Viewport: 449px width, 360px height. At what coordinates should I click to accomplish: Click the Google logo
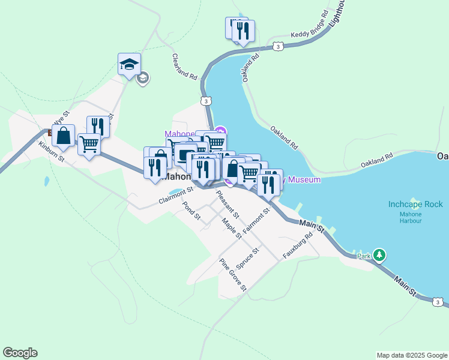(x=20, y=353)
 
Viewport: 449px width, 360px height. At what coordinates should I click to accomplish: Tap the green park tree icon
(x=379, y=255)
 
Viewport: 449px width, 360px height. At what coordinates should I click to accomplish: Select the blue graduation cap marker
(x=128, y=64)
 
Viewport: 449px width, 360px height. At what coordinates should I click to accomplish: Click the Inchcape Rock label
(x=415, y=204)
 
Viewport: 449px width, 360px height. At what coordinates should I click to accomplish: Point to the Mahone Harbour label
(x=411, y=217)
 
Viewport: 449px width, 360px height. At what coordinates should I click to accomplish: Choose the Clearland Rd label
(x=185, y=67)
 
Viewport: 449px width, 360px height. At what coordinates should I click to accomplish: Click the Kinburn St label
(x=50, y=154)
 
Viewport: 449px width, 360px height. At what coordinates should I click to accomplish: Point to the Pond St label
(x=191, y=211)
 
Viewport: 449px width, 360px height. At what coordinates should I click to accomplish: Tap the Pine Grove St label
(x=233, y=274)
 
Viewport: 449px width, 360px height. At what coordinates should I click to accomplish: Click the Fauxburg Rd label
(x=298, y=245)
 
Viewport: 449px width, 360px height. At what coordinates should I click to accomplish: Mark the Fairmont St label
(x=258, y=219)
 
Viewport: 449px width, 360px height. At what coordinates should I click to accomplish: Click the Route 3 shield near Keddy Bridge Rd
(x=277, y=46)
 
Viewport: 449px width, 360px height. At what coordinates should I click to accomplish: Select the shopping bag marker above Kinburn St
(x=63, y=136)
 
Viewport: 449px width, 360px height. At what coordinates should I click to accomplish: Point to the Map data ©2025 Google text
(x=412, y=355)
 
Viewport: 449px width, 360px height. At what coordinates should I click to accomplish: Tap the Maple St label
(x=231, y=229)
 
